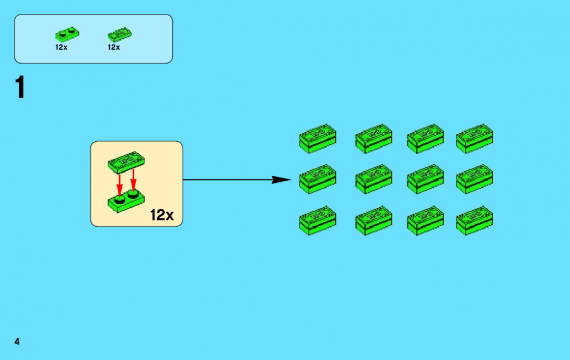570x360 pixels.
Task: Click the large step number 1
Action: pos(20,87)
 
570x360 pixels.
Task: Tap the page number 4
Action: pos(17,341)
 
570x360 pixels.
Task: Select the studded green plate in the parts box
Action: pos(67,34)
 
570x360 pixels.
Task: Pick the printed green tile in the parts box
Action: pos(119,34)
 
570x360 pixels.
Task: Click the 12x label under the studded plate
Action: pos(61,47)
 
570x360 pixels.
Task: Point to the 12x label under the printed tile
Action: pos(114,47)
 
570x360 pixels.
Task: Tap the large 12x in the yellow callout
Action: pos(162,215)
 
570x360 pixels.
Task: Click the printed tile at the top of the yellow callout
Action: pos(126,162)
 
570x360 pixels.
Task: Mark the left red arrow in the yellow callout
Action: pos(119,185)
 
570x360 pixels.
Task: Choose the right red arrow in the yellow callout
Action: pos(133,180)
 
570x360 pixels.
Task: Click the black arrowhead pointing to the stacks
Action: pos(281,179)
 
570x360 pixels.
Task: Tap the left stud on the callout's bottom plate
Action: pos(119,199)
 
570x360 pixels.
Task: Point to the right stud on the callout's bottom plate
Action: pos(133,194)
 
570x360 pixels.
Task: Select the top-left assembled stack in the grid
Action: pos(318,138)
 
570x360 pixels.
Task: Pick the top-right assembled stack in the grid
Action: pos(474,138)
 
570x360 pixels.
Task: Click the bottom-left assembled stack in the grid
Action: pos(318,221)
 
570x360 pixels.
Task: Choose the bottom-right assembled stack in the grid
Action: pos(474,221)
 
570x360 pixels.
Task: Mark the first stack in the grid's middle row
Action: pos(318,179)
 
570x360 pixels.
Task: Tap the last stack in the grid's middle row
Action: pos(474,179)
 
